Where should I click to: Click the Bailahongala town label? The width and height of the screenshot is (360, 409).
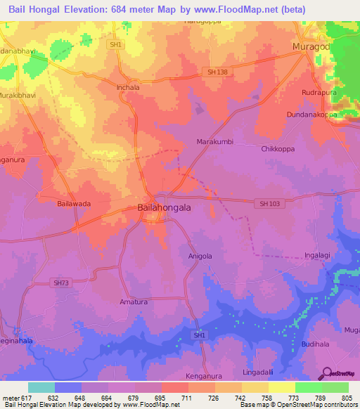(163, 208)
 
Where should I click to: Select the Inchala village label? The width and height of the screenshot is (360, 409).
(127, 88)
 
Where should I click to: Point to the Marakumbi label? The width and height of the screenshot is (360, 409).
(212, 141)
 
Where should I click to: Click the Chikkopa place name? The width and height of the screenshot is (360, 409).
(278, 149)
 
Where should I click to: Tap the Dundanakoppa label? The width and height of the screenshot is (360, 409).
(312, 114)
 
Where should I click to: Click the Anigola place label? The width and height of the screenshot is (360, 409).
(200, 257)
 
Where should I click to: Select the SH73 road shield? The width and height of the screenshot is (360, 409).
(61, 283)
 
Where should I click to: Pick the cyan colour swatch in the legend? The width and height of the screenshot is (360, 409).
(41, 387)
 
